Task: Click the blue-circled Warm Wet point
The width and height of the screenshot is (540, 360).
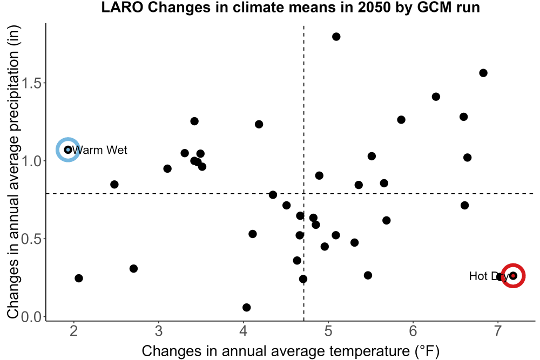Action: point(68,150)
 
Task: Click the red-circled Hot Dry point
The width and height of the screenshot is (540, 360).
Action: point(513,276)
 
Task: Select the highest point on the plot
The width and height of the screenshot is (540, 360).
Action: point(336,37)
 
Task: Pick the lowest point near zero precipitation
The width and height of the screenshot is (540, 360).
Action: point(247,307)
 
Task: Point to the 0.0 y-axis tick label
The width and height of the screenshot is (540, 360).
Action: point(32,317)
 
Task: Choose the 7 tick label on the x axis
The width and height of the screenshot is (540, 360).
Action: point(498,331)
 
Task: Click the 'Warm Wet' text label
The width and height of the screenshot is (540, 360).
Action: point(100,150)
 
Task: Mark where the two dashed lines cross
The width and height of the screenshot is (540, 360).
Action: point(303,194)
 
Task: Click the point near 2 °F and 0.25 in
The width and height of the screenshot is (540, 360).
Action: point(78,278)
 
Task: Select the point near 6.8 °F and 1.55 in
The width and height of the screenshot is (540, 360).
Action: point(483,73)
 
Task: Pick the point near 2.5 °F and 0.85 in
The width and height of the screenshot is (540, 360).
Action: point(114,185)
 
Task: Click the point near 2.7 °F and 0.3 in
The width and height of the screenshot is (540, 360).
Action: point(133,268)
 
